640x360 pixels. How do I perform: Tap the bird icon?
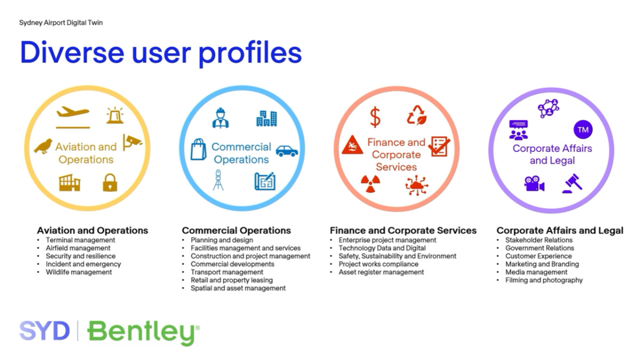click(x=43, y=146)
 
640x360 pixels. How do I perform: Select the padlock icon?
click(x=110, y=182)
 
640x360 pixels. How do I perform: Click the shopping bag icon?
click(x=198, y=149)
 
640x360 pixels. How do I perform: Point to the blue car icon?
click(x=287, y=151)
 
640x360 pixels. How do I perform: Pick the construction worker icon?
click(x=220, y=118)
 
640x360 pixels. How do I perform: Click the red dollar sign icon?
click(x=375, y=117)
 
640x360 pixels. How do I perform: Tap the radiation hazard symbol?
click(x=370, y=183)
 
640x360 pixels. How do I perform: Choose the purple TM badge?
click(x=583, y=130)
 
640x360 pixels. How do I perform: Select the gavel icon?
click(x=572, y=183)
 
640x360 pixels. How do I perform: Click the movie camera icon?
click(x=534, y=183)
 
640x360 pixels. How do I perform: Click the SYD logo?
click(x=45, y=331)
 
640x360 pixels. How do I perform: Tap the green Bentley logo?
click(x=143, y=333)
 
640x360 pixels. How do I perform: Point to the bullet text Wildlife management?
click(x=79, y=272)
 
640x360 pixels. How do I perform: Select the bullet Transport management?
click(x=227, y=272)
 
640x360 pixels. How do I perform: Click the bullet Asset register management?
click(x=381, y=272)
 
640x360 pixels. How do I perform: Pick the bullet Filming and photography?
click(x=544, y=280)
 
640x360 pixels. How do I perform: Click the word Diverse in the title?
click(x=72, y=53)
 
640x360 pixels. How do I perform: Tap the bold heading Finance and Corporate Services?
click(x=403, y=230)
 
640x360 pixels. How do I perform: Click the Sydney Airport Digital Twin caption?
click(x=61, y=23)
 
